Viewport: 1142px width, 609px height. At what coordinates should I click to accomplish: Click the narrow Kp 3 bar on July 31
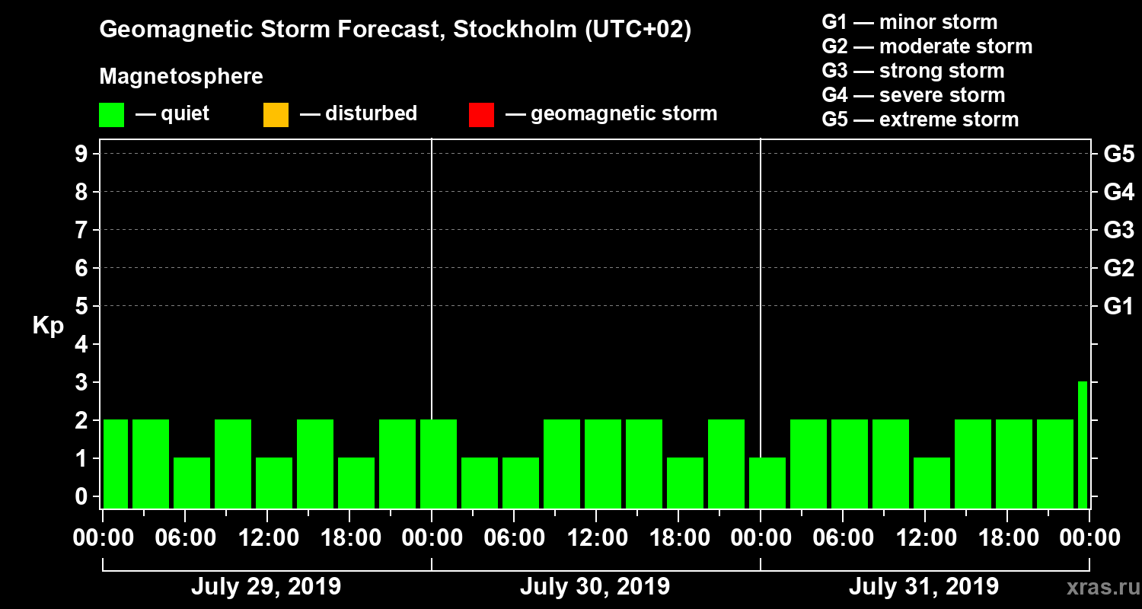coord(1082,445)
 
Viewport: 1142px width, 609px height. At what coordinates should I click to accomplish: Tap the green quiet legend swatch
coord(111,115)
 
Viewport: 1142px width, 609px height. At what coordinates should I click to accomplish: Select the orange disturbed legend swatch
coord(276,115)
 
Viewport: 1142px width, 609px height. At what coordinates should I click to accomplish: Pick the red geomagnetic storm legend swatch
coord(481,115)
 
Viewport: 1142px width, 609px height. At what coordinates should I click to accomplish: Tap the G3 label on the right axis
coord(1118,230)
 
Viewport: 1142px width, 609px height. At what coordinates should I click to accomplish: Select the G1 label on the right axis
coord(1118,306)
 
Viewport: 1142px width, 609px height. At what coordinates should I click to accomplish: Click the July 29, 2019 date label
coord(266,587)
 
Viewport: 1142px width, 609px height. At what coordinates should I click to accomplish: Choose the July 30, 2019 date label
coord(595,587)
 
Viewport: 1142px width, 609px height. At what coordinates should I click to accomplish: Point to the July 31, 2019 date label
coord(923,587)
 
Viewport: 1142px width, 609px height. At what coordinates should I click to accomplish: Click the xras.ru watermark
coord(1097,587)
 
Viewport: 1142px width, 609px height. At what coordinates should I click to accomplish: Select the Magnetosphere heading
coord(181,77)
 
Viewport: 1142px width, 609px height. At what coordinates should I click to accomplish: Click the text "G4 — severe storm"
coord(913,95)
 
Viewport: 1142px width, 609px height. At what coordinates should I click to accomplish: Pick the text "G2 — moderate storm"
coord(927,46)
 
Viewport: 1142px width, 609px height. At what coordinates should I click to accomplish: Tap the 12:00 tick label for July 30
coord(596,538)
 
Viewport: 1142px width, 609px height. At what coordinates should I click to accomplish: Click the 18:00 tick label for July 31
coord(1007,538)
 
